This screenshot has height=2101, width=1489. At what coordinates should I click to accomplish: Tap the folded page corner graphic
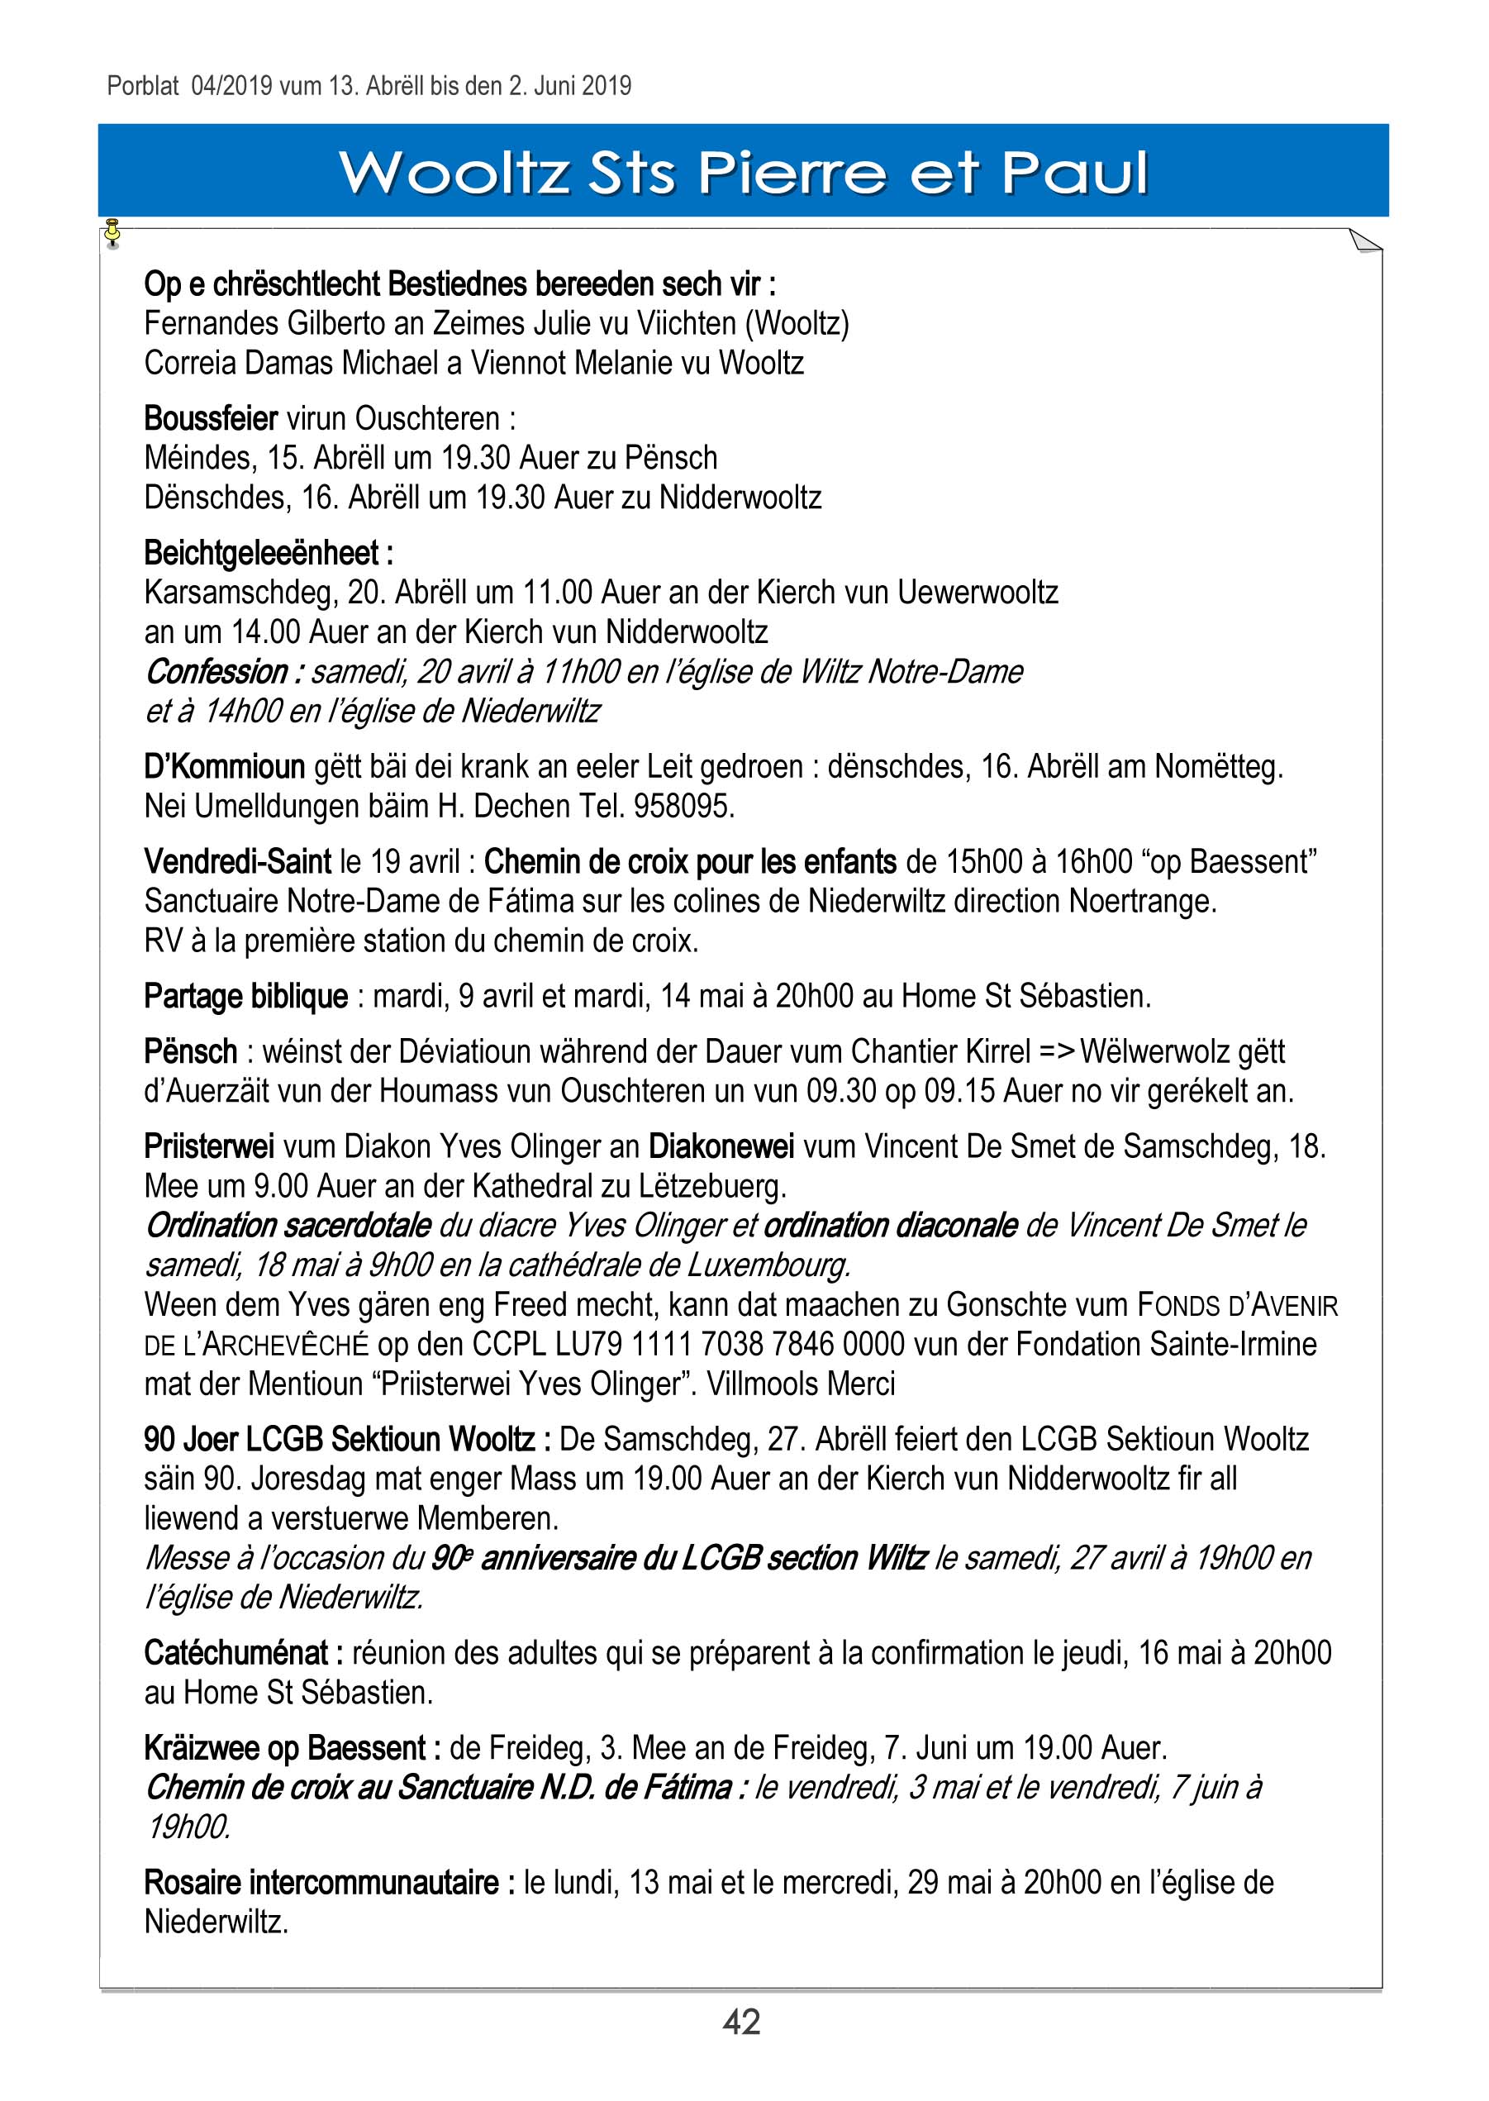tap(1365, 241)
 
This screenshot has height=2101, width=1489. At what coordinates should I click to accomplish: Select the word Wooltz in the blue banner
tap(454, 173)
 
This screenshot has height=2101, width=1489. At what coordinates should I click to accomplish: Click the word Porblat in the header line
tap(143, 86)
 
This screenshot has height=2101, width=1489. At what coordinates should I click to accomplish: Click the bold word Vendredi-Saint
tap(237, 861)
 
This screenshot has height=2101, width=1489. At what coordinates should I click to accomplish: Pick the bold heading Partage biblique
tap(245, 996)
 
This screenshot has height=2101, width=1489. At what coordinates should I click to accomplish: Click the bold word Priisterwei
tap(209, 1146)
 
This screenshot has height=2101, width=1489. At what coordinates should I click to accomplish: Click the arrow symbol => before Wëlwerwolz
tap(1055, 1051)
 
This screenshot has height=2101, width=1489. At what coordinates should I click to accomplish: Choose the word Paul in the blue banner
tap(1073, 173)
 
